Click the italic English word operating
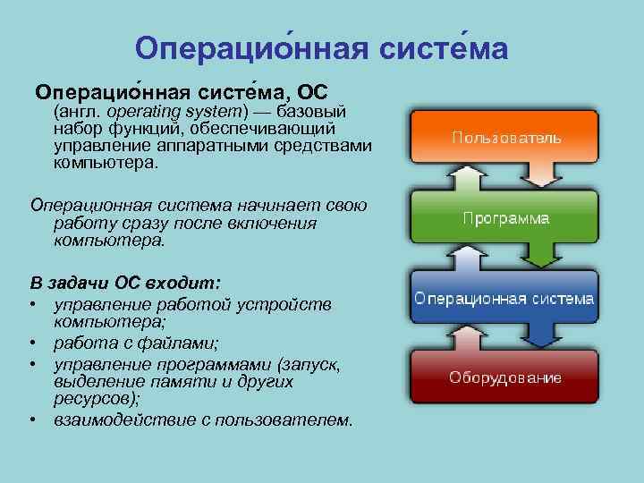click(143, 113)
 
